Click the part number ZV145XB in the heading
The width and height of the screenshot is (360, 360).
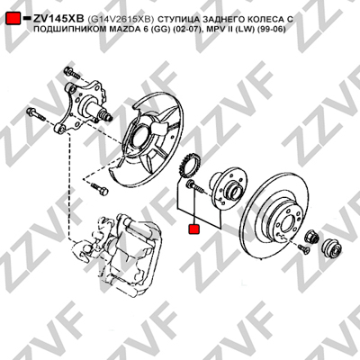coord(58,19)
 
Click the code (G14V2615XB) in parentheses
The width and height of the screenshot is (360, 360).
coord(121,19)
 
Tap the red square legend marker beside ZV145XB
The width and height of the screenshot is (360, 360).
coord(13,18)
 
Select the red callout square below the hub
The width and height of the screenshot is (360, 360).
coord(194,229)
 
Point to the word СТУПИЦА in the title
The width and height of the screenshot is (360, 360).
coord(175,19)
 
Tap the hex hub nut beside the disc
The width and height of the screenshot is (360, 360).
coord(310,236)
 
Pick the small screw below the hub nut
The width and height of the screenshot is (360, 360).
coord(303,249)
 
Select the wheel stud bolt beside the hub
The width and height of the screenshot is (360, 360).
coord(194,187)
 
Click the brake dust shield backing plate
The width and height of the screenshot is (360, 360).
coord(150,141)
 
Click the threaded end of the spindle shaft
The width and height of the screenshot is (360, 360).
coord(106,115)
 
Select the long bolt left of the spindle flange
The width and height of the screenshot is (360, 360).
coord(36,114)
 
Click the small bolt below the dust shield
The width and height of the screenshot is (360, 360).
coord(99,189)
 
